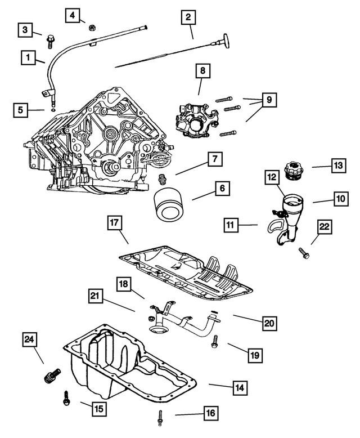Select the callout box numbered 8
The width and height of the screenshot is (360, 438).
[202, 71]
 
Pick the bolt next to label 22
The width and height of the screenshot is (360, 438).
[304, 254]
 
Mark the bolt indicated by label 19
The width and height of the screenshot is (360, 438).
[214, 342]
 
